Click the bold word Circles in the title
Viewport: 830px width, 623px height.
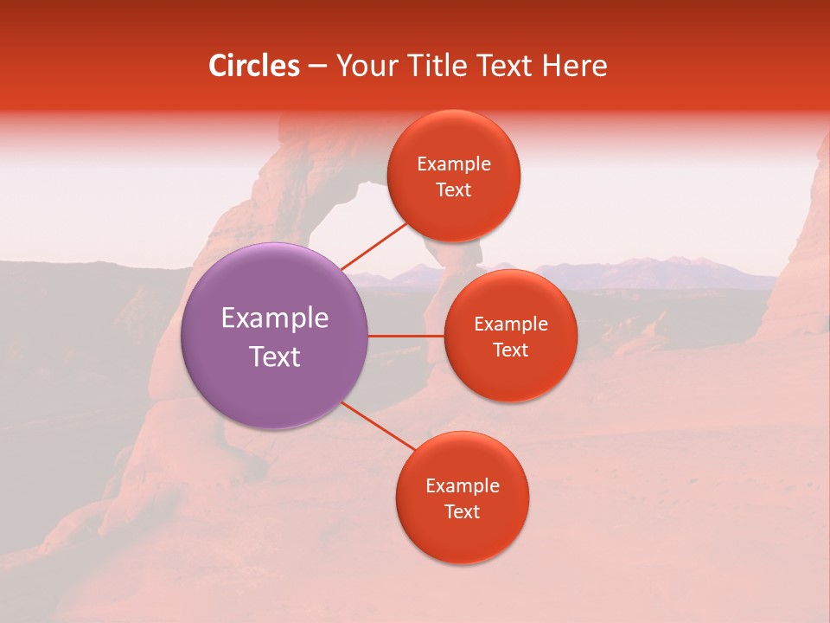click(x=254, y=66)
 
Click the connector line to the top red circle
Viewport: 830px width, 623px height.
click(x=373, y=244)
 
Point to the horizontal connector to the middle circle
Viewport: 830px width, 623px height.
click(x=406, y=336)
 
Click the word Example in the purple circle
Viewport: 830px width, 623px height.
click(x=275, y=318)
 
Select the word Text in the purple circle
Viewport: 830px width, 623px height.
click(x=275, y=356)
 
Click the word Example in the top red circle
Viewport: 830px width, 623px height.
click(x=454, y=164)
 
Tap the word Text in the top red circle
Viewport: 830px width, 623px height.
click(x=454, y=190)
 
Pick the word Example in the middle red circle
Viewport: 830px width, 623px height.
click(x=511, y=324)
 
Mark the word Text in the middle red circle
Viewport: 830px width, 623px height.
click(x=511, y=350)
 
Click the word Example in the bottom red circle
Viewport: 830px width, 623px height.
click(x=463, y=486)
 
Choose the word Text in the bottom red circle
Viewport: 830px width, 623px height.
click(x=463, y=512)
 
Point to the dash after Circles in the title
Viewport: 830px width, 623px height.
click(x=317, y=67)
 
